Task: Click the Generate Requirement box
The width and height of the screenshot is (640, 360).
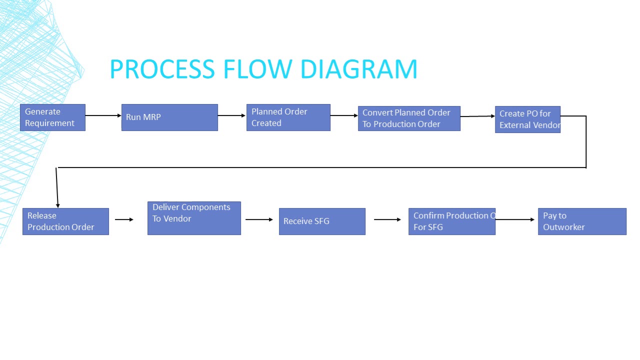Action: [x=52, y=117]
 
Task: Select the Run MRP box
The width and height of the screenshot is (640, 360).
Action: [x=169, y=117]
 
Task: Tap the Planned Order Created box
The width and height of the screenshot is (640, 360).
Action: [x=288, y=117]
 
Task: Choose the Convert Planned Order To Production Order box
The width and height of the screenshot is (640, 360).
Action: [x=409, y=118]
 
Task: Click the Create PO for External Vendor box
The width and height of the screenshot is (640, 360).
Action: [x=527, y=119]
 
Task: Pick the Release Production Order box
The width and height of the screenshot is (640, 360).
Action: [x=65, y=221]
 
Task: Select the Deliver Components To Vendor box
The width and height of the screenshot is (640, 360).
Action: [x=194, y=218]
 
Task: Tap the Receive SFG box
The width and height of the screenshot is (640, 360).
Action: [x=322, y=221]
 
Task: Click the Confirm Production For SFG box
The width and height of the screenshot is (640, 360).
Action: [x=451, y=221]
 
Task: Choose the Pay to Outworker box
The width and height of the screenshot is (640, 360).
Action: [x=582, y=221]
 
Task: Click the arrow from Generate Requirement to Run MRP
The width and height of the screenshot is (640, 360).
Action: [x=103, y=115]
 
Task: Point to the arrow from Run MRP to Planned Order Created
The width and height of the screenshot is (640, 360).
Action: [x=231, y=115]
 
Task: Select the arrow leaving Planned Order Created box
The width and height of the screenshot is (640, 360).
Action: [x=344, y=115]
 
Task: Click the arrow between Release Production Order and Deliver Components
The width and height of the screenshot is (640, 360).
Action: [x=124, y=219]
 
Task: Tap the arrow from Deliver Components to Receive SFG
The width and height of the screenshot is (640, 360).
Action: [x=259, y=219]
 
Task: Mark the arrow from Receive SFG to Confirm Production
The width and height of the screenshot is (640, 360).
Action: [x=387, y=219]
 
